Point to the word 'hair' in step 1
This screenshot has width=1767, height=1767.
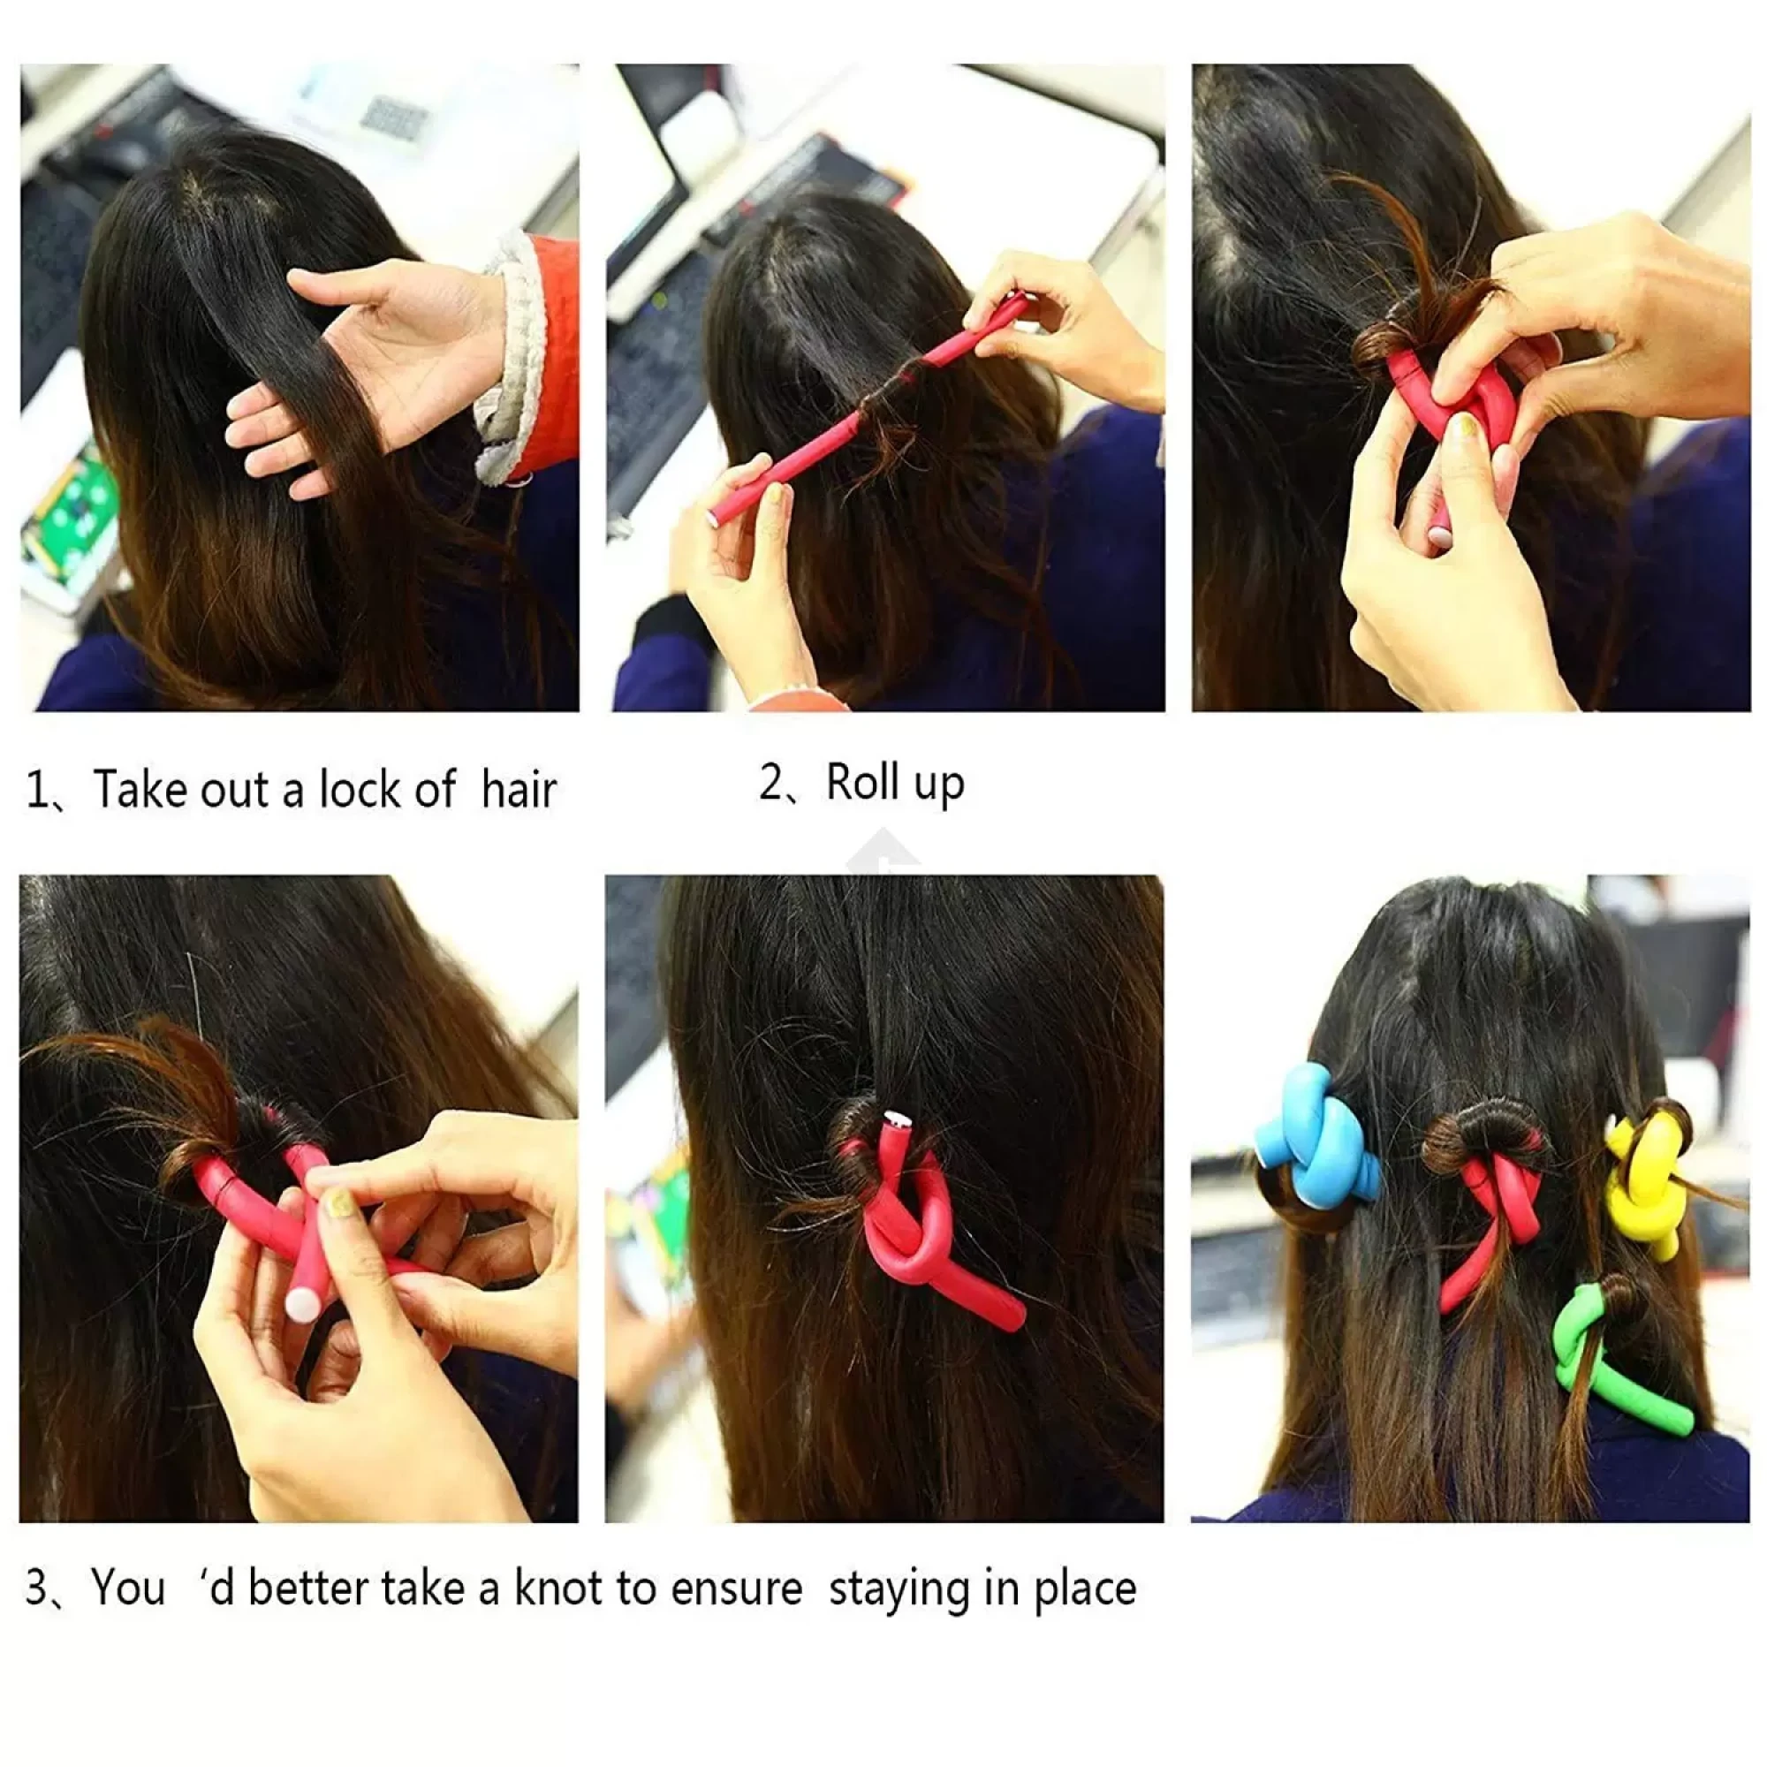519,789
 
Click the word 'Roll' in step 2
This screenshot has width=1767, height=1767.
861,782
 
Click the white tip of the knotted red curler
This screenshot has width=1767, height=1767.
895,1119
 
